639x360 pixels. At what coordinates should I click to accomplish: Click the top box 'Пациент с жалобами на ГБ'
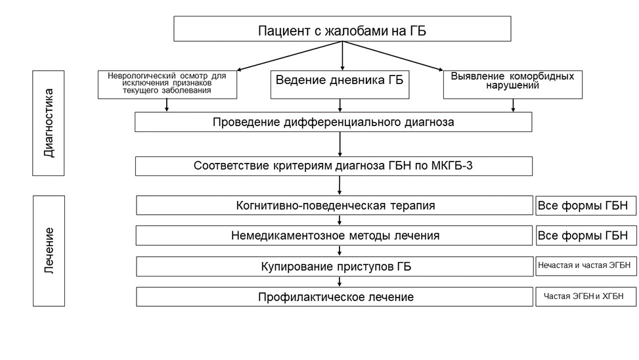[x=342, y=29]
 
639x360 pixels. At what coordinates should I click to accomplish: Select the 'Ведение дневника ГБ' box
[x=340, y=85]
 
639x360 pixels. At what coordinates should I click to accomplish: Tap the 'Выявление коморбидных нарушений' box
[x=513, y=85]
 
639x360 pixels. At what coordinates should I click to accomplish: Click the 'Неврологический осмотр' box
[x=167, y=85]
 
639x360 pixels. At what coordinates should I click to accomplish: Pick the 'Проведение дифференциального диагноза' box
[x=334, y=122]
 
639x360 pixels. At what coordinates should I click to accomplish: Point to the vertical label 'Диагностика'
[x=49, y=123]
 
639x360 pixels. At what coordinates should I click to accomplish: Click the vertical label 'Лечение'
[x=49, y=251]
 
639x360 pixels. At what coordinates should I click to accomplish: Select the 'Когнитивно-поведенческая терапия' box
[x=334, y=206]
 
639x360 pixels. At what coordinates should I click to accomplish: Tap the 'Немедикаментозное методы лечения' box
[x=334, y=236]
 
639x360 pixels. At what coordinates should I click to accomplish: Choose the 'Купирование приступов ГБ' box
[x=334, y=266]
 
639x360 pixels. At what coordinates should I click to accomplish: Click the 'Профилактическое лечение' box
[x=334, y=297]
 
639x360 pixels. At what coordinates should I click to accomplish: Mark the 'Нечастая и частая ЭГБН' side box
[x=586, y=266]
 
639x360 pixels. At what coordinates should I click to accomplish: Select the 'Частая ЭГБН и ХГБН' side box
[x=586, y=296]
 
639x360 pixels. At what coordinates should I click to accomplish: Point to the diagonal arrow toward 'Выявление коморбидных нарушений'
[x=393, y=56]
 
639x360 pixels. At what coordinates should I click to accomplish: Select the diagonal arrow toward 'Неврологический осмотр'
[x=290, y=56]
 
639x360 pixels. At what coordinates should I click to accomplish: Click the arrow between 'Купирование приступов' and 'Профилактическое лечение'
[x=340, y=282]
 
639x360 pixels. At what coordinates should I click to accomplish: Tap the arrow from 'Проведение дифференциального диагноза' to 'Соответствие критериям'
[x=340, y=145]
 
